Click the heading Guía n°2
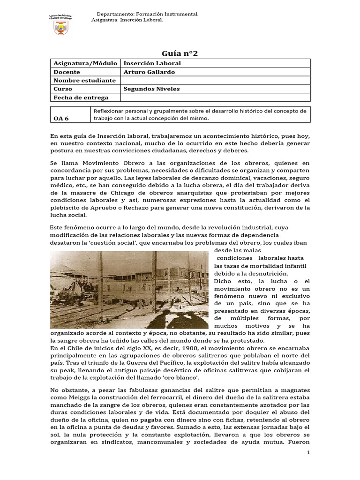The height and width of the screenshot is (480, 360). click(x=180, y=53)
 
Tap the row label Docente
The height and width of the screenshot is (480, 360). click(x=67, y=72)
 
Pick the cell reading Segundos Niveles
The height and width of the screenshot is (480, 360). click(x=151, y=89)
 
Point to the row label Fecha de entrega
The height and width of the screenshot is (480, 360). click(x=81, y=97)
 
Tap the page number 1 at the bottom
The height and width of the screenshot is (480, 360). click(x=308, y=452)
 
